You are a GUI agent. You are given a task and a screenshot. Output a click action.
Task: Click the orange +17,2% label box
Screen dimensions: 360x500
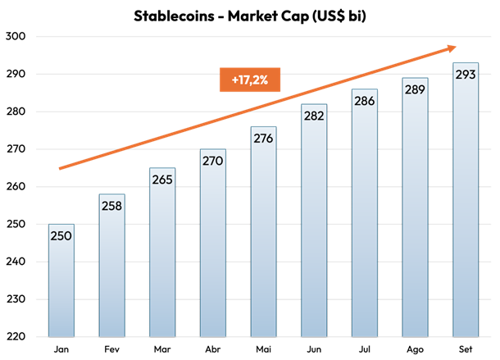pyautogui.click(x=250, y=80)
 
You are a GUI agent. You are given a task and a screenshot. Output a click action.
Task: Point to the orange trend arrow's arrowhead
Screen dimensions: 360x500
pyautogui.click(x=451, y=48)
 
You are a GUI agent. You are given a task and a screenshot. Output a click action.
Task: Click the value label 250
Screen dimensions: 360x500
pyautogui.click(x=61, y=236)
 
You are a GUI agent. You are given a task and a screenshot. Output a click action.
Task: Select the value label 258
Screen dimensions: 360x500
pyautogui.click(x=111, y=206)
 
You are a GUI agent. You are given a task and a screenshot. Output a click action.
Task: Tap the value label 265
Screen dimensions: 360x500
pyautogui.click(x=162, y=180)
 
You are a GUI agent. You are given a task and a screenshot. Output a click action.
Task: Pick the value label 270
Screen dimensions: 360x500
pyautogui.click(x=213, y=162)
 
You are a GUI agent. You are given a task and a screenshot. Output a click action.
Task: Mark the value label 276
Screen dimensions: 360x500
pyautogui.click(x=263, y=139)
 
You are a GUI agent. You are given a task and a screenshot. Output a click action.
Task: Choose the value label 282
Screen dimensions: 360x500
pyautogui.click(x=314, y=116)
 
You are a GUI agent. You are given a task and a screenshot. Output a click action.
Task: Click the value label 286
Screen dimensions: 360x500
pyautogui.click(x=365, y=101)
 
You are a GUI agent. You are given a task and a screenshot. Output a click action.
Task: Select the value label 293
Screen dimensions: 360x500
pyautogui.click(x=466, y=75)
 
